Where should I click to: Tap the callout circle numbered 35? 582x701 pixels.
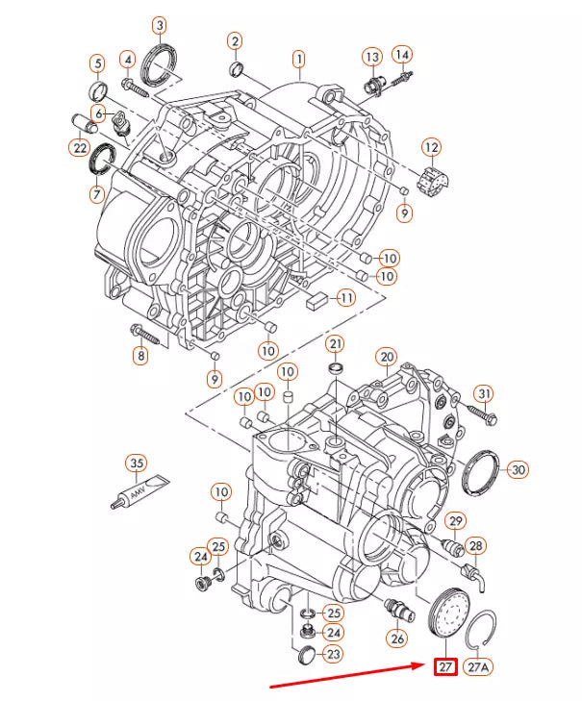[138, 464]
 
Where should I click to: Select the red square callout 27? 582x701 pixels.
[444, 666]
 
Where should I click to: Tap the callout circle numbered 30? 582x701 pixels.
[519, 470]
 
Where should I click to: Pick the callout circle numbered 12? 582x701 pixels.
[431, 147]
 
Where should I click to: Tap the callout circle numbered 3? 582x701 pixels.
[160, 26]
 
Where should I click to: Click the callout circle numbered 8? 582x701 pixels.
[141, 357]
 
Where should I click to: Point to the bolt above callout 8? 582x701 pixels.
[146, 334]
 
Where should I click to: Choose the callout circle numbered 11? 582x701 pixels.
[344, 298]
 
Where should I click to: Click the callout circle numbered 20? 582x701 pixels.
[386, 357]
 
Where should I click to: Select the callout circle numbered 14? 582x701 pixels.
[402, 54]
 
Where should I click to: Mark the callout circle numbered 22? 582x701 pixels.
[79, 147]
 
